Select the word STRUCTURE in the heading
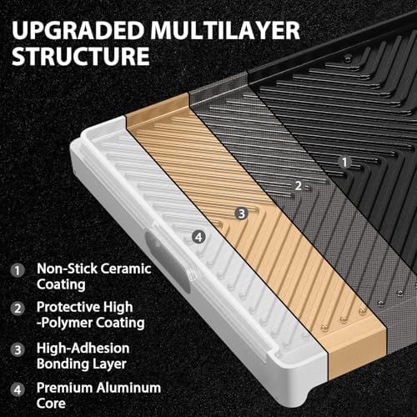pyautogui.click(x=81, y=56)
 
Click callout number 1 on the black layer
pyautogui.click(x=344, y=162)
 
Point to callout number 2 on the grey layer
pyautogui.click(x=298, y=186)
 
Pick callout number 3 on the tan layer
pyautogui.click(x=242, y=214)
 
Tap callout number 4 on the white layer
pyautogui.click(x=198, y=238)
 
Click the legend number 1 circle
pyautogui.click(x=18, y=270)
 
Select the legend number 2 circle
pyautogui.click(x=18, y=309)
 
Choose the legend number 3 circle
pyautogui.click(x=18, y=349)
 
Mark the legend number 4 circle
pyautogui.click(x=18, y=389)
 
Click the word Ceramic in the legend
pyautogui.click(x=126, y=269)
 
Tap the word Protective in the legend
pyautogui.click(x=68, y=307)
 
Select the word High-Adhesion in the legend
pyautogui.click(x=83, y=348)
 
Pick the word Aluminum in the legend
pyautogui.click(x=127, y=388)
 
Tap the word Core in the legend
pyautogui.click(x=51, y=404)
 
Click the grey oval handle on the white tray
pyautogui.click(x=168, y=262)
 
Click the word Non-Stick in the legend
pyautogui.click(x=67, y=269)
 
